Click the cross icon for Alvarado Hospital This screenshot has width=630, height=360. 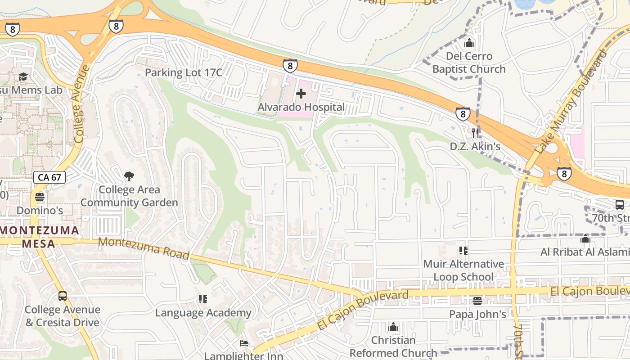tap(301, 94)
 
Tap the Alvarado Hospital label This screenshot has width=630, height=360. tap(301, 108)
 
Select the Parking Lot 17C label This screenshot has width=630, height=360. tap(184, 72)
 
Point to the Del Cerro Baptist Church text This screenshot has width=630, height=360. tap(469, 63)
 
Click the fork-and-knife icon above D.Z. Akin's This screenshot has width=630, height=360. tap(475, 133)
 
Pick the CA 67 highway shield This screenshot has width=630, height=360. tap(49, 177)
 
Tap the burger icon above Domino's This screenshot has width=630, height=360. tap(40, 197)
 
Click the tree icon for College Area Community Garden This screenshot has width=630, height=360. tap(129, 176)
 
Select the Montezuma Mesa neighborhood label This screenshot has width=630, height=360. tap(40, 237)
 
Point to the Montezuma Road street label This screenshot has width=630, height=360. tap(144, 248)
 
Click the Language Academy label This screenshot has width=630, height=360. tap(203, 313)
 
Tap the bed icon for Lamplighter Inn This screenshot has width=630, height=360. tap(243, 343)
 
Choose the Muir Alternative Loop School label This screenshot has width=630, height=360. tap(463, 270)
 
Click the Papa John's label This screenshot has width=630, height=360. tap(477, 314)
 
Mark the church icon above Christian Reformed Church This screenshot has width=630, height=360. tap(393, 326)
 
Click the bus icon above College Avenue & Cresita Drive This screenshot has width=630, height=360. tap(63, 296)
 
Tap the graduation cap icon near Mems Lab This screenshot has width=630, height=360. tap(23, 77)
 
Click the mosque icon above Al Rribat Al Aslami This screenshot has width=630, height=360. tap(585, 239)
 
